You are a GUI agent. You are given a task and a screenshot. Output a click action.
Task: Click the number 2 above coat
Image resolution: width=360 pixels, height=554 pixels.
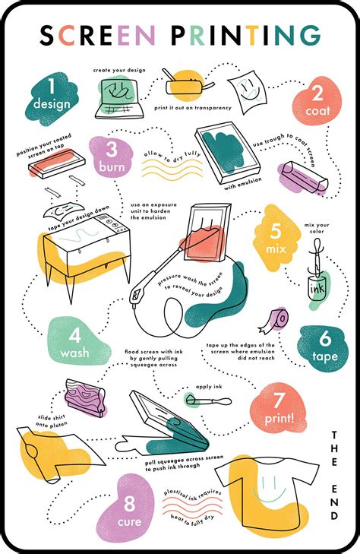click(314, 93)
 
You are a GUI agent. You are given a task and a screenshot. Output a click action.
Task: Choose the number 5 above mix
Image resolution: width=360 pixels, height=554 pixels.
click(274, 230)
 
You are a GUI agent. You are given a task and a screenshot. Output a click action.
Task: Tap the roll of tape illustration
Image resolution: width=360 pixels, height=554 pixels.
click(275, 319)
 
